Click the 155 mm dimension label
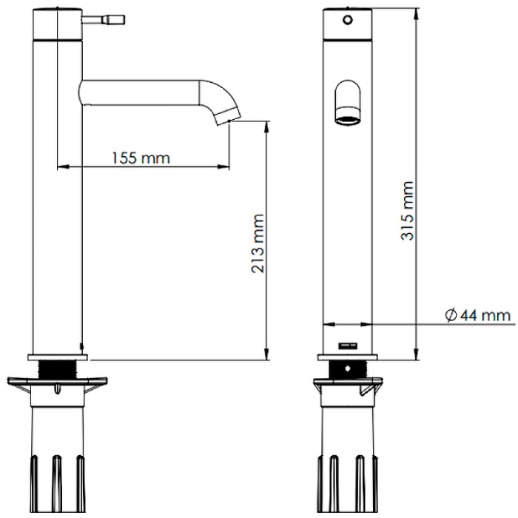pos(141,158)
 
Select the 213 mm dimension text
pos(258,243)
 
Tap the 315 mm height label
pos(407,211)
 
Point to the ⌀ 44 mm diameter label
pos(478,315)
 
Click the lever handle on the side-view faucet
pos(103,19)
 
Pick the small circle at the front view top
pos(348,20)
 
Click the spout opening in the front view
pos(348,120)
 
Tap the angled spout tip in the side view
pos(229,116)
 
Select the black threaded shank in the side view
pos(58,369)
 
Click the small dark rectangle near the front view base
pos(348,346)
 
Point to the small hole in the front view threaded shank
pos(347,369)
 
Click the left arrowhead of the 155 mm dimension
pos(63,166)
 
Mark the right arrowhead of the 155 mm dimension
pos(223,166)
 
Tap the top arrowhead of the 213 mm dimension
pos(267,127)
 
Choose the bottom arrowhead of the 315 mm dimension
pos(417,354)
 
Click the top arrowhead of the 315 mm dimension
pos(417,14)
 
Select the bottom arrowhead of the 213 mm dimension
pos(267,354)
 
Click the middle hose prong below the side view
pos(57,483)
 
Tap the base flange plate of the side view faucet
pos(58,357)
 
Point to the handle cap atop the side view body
pos(58,24)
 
